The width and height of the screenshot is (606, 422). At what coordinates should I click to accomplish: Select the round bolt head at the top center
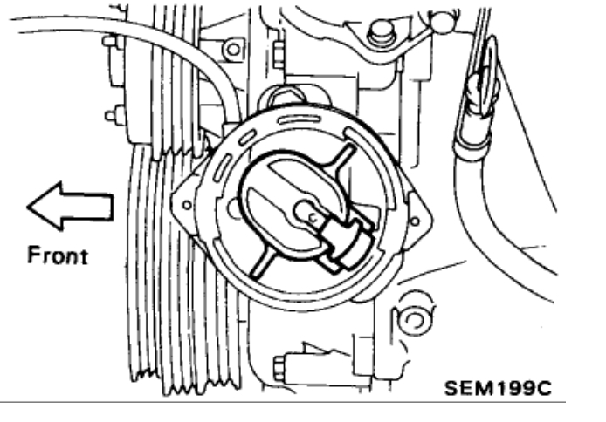[377, 35]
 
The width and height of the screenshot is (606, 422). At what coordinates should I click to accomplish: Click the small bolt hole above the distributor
[232, 49]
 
